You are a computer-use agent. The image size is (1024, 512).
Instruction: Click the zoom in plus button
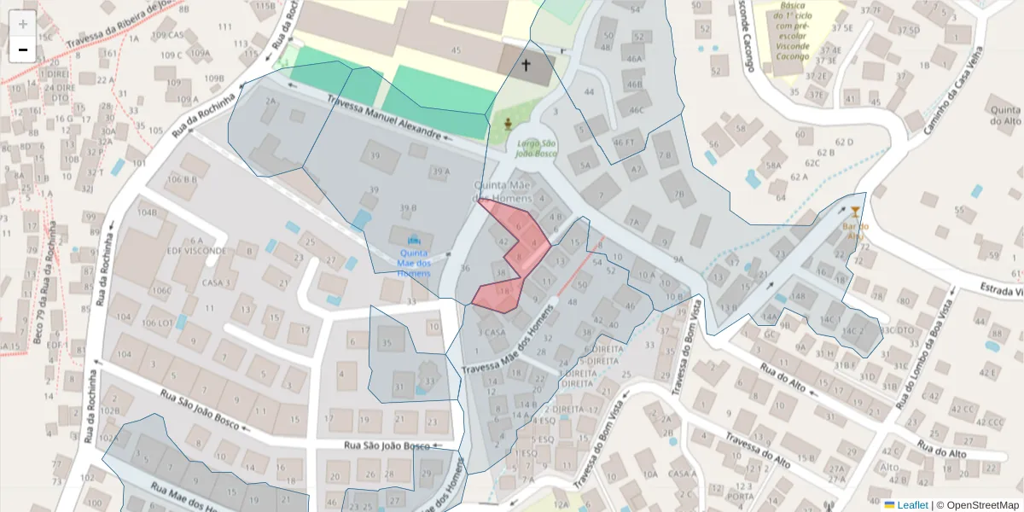(x=23, y=24)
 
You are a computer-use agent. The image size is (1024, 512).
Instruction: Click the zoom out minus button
(x=23, y=49)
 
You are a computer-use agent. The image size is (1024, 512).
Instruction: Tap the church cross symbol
(x=526, y=65)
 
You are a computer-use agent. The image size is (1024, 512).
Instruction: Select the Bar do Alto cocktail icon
(x=856, y=211)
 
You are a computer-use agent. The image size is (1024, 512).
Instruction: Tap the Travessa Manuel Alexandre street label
(x=386, y=119)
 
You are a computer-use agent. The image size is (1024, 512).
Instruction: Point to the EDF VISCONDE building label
(x=196, y=251)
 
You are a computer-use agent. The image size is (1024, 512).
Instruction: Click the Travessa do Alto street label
(x=756, y=450)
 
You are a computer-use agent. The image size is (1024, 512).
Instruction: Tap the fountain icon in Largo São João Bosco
(x=508, y=125)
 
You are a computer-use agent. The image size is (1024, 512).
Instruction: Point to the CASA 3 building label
(x=216, y=282)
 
